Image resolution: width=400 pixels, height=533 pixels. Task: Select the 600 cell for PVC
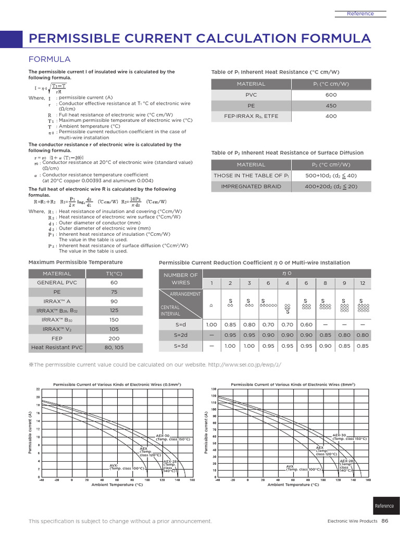click(x=331, y=95)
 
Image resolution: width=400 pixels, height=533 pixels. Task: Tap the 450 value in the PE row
click(x=331, y=106)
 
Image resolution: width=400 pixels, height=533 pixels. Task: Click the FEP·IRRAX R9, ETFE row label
click(x=251, y=117)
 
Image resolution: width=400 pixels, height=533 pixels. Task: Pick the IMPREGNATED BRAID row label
click(x=251, y=186)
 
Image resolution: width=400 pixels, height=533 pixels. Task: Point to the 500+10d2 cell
click(x=331, y=175)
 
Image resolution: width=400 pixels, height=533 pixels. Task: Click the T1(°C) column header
click(x=114, y=274)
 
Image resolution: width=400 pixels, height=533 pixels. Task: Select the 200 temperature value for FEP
click(x=114, y=338)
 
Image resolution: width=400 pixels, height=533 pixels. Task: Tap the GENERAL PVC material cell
click(x=57, y=282)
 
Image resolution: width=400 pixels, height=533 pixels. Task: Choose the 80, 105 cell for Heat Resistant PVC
click(x=114, y=347)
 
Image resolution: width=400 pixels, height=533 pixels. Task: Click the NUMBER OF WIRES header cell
click(x=180, y=278)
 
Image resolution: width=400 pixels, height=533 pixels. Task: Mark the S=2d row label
click(x=180, y=335)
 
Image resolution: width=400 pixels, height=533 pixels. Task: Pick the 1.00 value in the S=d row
click(x=211, y=325)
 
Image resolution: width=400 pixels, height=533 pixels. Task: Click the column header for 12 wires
click(x=362, y=283)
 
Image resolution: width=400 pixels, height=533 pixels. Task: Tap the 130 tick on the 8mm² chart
click(x=214, y=389)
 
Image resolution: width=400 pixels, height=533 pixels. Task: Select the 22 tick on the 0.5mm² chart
click(x=37, y=389)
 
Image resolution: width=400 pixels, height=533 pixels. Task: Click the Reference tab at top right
click(x=360, y=14)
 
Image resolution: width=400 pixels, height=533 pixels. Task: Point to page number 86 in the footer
click(x=385, y=521)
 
